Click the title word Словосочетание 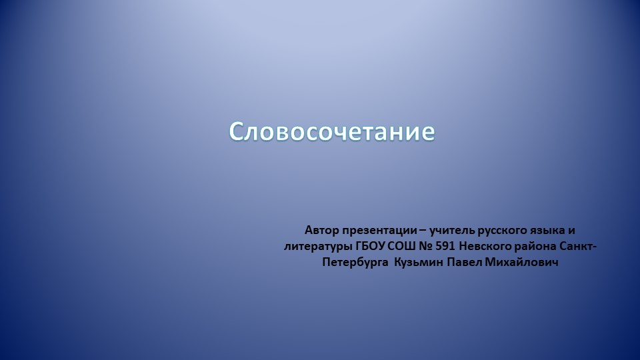point(332,131)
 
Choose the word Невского point(485,247)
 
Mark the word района point(535,247)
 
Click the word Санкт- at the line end point(578,247)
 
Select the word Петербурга point(355,263)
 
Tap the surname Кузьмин point(419,263)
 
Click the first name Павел point(465,263)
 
